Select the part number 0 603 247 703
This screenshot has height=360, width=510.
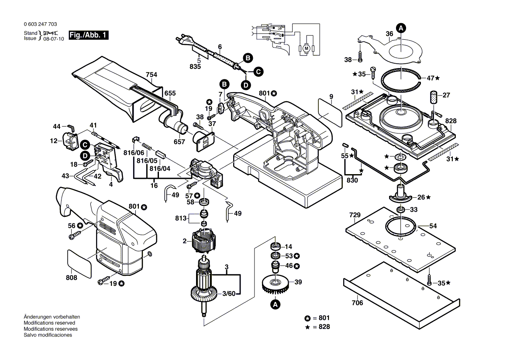pos(40,25)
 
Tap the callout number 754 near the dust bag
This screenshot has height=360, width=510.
pos(151,75)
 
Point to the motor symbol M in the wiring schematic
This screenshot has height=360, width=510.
pos(307,48)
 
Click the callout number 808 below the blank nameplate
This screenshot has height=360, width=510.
pos(72,278)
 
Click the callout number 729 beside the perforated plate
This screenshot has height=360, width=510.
pos(355,215)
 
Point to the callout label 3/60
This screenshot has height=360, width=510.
pos(227,294)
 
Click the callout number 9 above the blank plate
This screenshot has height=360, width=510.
pos(331,96)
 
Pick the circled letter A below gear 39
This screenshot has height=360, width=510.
pos(275,305)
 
